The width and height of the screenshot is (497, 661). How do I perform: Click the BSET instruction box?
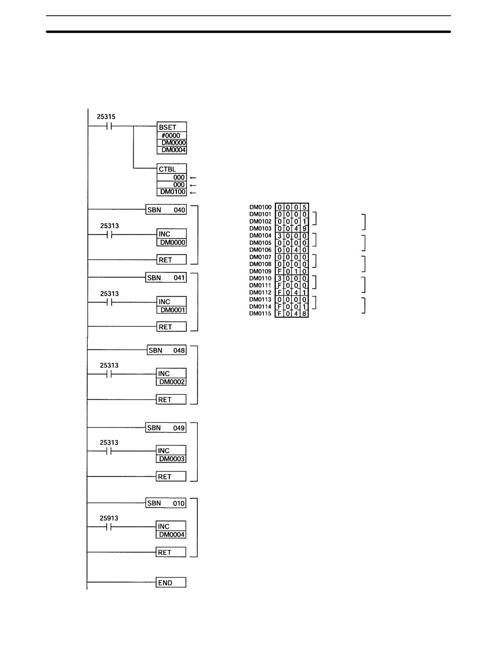(171, 138)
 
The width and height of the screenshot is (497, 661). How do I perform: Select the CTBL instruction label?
(167, 169)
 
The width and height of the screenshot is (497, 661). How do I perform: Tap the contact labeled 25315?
(109, 126)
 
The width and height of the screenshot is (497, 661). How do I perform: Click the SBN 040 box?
(166, 210)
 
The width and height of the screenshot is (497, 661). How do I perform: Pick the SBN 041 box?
(166, 277)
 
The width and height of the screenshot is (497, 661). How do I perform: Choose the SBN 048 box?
(166, 350)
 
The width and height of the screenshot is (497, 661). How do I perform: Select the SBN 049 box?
(166, 427)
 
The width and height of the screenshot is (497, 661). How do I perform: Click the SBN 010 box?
(166, 503)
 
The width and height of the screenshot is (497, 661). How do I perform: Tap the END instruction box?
(171, 582)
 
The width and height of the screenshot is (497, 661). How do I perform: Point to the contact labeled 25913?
(108, 527)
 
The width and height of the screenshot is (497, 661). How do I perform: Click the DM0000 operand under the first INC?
(172, 242)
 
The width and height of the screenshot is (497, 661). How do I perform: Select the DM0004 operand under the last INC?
(172, 534)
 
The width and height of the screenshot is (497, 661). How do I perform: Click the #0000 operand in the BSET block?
(171, 135)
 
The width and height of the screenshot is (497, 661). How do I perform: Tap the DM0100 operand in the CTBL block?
(172, 192)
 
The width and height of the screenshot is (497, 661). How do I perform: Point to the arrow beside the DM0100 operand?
(193, 193)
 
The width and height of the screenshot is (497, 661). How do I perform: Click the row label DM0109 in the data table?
(260, 271)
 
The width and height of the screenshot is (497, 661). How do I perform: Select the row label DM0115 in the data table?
(260, 314)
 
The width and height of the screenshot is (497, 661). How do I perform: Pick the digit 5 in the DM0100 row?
(304, 207)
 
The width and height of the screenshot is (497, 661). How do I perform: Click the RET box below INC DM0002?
(171, 399)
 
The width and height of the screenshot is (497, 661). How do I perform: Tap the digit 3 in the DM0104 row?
(279, 236)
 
